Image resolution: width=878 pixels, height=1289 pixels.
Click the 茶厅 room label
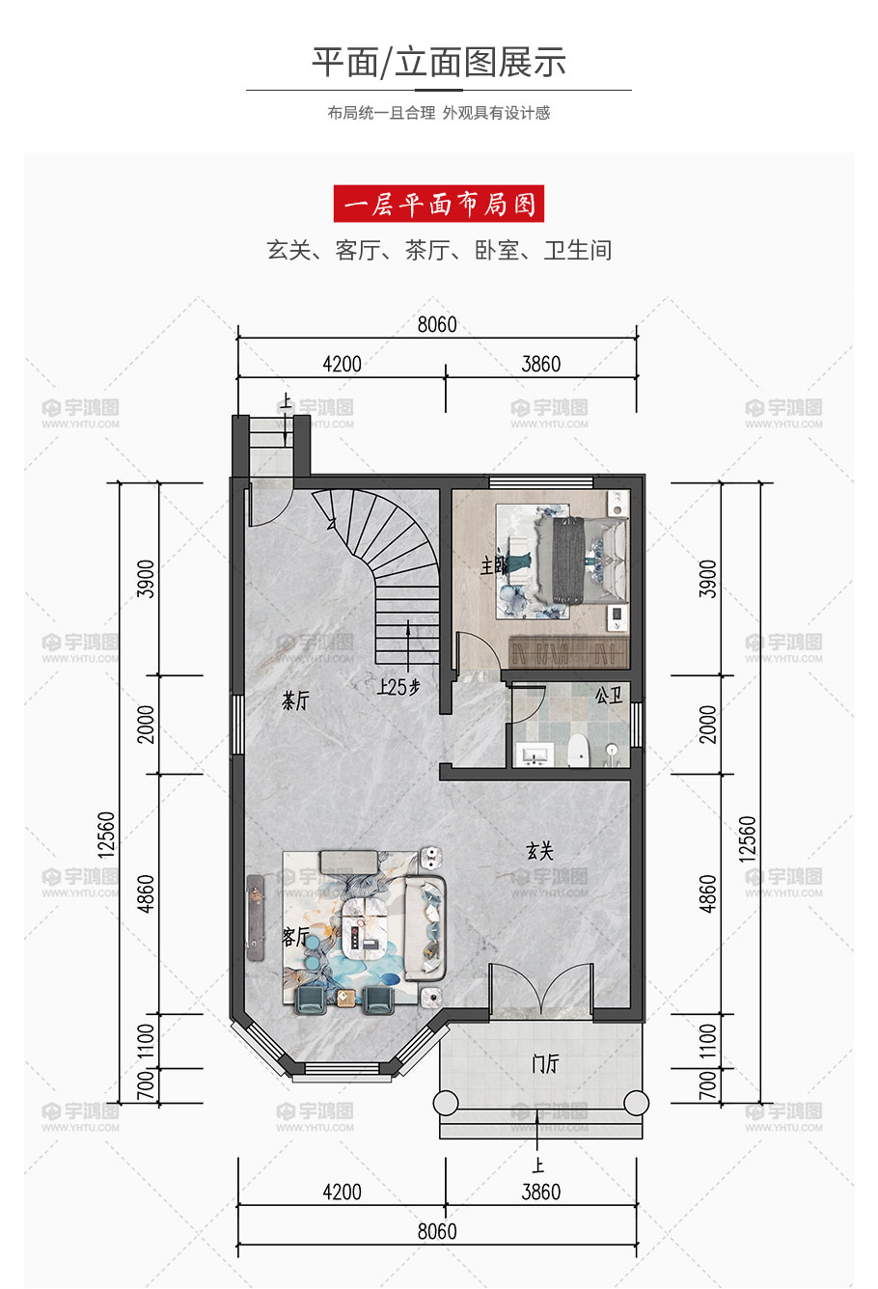tap(295, 700)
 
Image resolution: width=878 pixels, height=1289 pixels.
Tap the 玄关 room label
tap(539, 851)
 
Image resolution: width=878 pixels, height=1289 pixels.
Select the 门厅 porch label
tap(545, 1063)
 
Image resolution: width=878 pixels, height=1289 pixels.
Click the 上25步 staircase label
tap(398, 686)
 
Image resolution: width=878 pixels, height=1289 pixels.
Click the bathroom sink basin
tap(534, 754)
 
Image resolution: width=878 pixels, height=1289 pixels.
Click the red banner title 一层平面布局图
tap(439, 204)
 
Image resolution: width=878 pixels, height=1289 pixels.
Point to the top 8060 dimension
tap(437, 325)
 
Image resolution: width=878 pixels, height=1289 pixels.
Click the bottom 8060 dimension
tap(437, 1231)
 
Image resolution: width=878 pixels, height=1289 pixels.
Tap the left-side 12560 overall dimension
tap(107, 835)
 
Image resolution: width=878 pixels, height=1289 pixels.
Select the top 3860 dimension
tap(541, 365)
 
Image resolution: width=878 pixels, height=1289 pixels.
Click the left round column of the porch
tap(446, 1103)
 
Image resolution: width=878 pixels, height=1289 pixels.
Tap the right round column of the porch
tap(636, 1103)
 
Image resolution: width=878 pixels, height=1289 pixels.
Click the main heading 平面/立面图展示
tap(439, 62)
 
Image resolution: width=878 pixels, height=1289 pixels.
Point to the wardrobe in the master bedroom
tap(568, 652)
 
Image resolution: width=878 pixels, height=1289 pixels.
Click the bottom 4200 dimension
tap(342, 1192)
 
